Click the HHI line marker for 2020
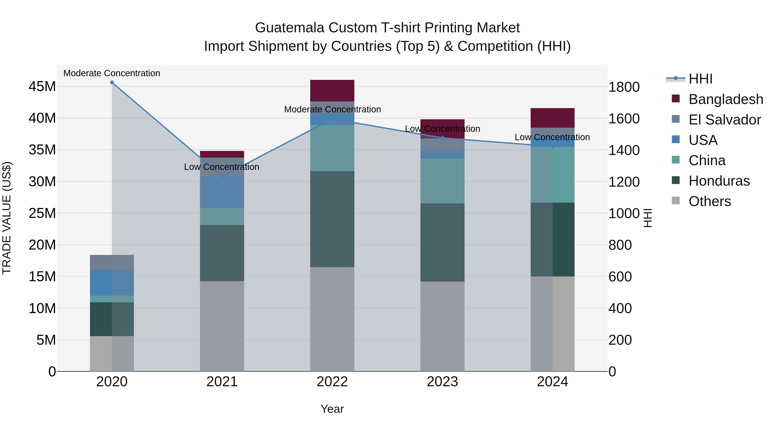coord(112,82)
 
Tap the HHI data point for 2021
coord(222,176)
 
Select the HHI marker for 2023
coord(442,138)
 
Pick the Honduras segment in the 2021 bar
coord(222,253)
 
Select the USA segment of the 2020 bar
coord(112,283)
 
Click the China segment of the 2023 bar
coord(442,181)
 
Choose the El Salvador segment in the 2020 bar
coord(112,262)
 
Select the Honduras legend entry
coord(719,181)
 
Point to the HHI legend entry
coord(700,79)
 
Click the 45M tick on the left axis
coord(42,87)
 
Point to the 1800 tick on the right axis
coord(624,87)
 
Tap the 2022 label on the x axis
coord(332,382)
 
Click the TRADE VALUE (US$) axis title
coord(7,218)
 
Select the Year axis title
coord(332,409)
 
